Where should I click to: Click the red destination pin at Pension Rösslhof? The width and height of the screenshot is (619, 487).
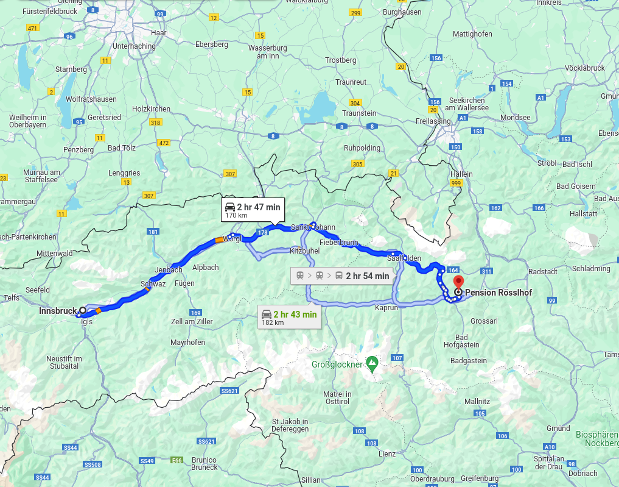(x=458, y=282)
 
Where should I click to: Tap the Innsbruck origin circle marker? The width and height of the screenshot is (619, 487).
(x=83, y=310)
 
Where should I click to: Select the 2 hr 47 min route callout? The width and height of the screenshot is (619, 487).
(x=252, y=209)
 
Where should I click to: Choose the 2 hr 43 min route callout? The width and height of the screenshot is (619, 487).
(x=289, y=317)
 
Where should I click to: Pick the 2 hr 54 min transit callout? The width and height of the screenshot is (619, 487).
(x=343, y=275)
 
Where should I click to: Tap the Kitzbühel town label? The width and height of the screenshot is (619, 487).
(x=304, y=251)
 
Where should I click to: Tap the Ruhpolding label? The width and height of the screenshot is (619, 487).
(x=362, y=148)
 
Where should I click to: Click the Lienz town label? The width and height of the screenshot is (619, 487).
(x=386, y=453)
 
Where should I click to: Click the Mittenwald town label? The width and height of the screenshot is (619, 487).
(x=54, y=253)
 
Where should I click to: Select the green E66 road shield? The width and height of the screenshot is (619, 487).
(x=177, y=460)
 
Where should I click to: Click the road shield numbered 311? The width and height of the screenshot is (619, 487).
(x=486, y=271)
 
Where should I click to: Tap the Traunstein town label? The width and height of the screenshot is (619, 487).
(x=359, y=113)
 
